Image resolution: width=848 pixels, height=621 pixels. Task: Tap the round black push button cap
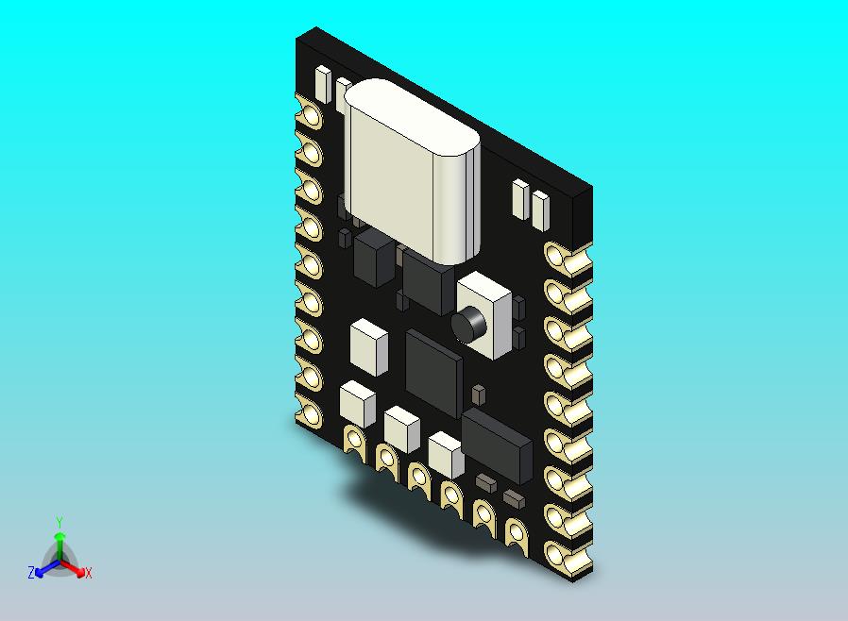pos(468,325)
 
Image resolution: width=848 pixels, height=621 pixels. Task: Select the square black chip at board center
pos(434,364)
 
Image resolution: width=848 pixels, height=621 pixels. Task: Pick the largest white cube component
pos(368,345)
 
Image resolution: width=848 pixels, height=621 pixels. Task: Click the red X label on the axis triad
pos(88,573)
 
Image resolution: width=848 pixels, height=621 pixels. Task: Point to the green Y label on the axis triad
pos(59,522)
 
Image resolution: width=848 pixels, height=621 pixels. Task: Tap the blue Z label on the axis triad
pos(31,572)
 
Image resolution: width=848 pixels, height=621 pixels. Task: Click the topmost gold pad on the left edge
pos(310,114)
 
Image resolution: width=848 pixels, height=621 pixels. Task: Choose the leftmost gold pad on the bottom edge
pos(355,440)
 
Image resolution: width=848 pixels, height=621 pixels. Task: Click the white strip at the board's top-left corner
pos(322,85)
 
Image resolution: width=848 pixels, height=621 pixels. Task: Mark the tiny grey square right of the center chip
pos(478,392)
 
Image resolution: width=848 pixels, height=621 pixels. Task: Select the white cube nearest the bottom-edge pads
pos(446,454)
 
